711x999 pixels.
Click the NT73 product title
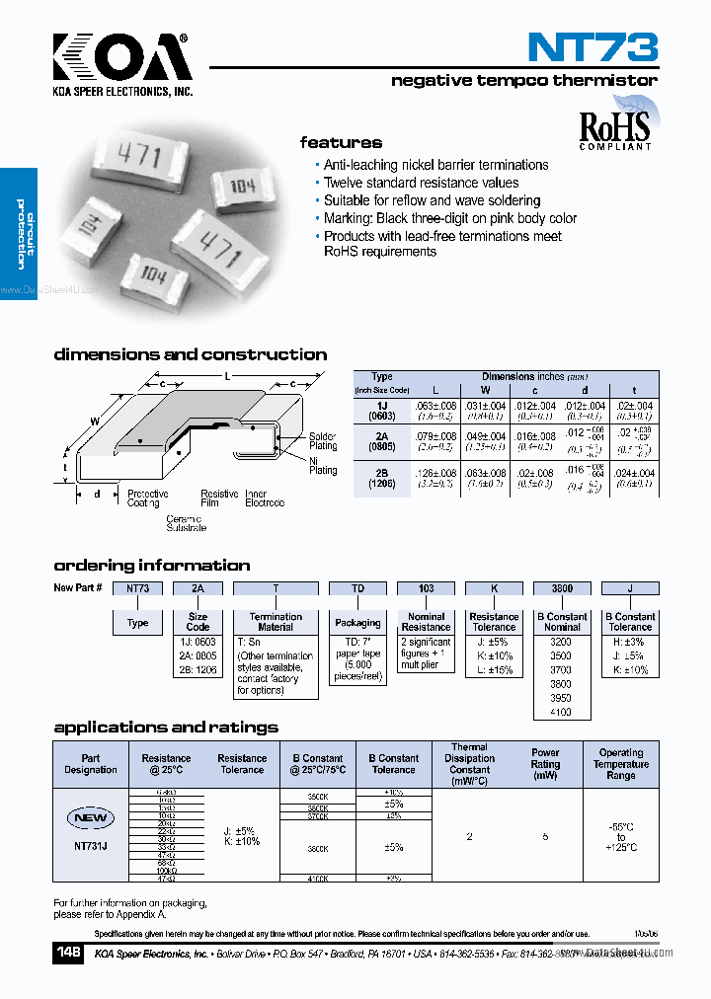[592, 46]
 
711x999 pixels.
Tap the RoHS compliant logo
[614, 128]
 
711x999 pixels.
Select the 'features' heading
[341, 143]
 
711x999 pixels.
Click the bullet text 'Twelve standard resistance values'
[421, 183]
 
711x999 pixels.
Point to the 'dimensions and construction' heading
[190, 354]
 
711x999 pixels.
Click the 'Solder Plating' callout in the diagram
[323, 440]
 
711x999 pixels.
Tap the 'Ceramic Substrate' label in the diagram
[186, 523]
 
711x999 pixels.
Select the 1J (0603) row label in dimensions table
[381, 411]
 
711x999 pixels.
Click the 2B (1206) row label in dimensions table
[381, 480]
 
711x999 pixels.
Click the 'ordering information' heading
[151, 566]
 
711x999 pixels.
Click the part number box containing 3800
[562, 588]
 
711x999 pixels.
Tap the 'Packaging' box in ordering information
[357, 623]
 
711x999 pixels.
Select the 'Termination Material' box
[276, 622]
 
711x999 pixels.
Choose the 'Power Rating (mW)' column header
[545, 764]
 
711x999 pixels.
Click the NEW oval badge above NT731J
[90, 818]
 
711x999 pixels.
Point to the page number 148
[70, 954]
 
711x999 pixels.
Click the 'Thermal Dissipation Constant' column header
[469, 764]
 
